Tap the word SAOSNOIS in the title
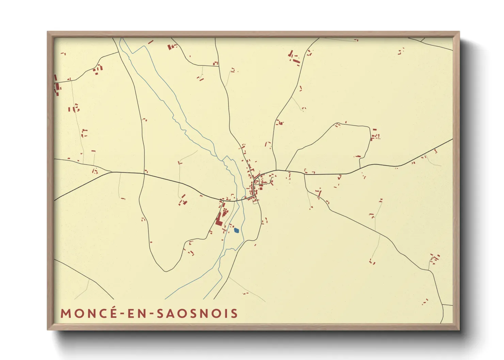[x=197, y=313]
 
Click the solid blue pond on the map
[x=237, y=231]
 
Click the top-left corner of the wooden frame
[x=48, y=32]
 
